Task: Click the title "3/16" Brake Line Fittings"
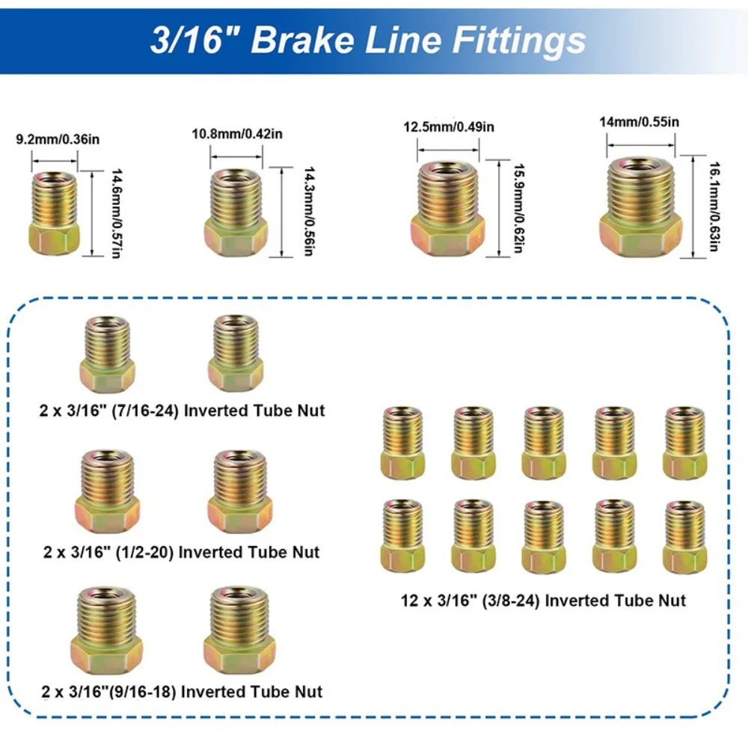tap(367, 40)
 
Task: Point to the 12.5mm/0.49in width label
tap(449, 127)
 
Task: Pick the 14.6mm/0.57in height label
tap(117, 213)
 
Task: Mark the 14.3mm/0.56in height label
tap(305, 212)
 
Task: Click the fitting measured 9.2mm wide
tap(55, 214)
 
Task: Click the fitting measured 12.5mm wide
tap(448, 208)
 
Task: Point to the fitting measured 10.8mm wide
tap(236, 211)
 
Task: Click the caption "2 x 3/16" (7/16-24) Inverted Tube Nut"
tap(183, 411)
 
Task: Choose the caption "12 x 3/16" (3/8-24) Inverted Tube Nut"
tap(542, 600)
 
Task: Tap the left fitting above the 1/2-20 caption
tap(108, 490)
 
